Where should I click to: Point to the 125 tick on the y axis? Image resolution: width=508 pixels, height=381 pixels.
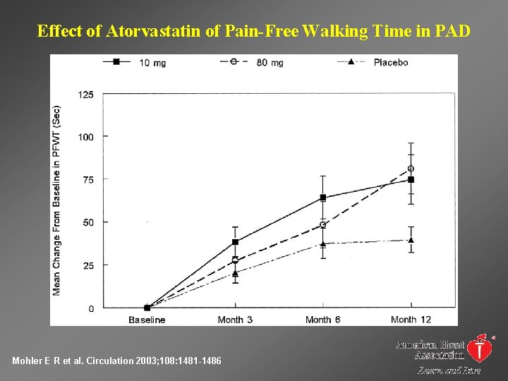pos(86,94)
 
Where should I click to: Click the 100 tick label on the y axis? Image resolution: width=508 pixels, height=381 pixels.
pos(86,137)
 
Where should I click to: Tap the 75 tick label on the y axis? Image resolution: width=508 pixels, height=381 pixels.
pos(88,180)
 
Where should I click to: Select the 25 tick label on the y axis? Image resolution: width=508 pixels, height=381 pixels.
pos(88,266)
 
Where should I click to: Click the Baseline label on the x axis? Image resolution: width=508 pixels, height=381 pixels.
pos(147,320)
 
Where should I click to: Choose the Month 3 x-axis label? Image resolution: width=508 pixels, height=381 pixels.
pos(235,320)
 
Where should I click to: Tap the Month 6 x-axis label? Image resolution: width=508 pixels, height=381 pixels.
pos(322,320)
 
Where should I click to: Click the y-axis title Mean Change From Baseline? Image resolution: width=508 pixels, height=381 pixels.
pos(56,200)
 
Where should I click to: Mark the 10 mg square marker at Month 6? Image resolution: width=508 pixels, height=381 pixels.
pos(323,198)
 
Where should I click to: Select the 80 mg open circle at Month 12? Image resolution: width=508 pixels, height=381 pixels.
pos(411,169)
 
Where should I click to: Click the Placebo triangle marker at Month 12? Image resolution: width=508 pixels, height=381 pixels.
pos(411,240)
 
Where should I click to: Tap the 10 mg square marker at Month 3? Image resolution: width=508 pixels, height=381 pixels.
pos(235,242)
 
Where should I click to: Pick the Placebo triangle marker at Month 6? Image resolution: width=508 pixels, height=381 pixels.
pos(323,244)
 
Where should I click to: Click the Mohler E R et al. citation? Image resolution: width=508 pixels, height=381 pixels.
pos(116,361)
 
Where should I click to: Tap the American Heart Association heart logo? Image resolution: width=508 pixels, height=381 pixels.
pos(481,347)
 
